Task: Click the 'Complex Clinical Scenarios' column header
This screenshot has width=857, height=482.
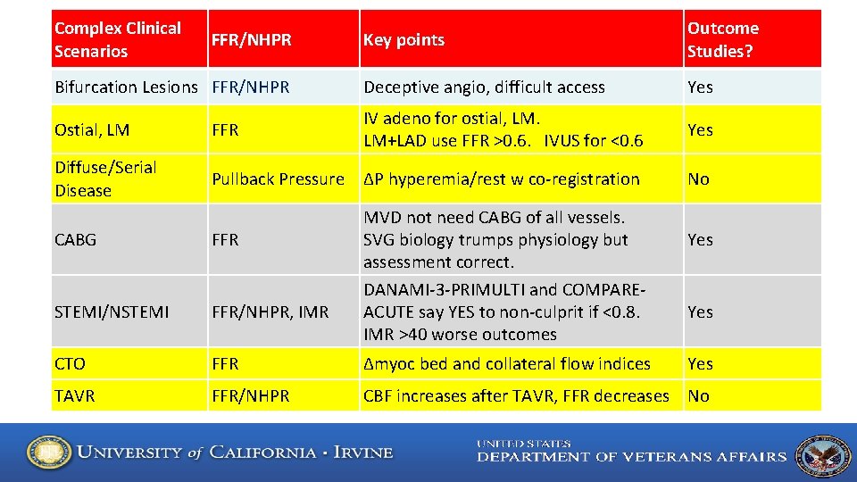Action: click(118, 39)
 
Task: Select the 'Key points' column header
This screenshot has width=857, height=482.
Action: click(404, 39)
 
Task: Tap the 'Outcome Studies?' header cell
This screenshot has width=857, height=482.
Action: click(723, 39)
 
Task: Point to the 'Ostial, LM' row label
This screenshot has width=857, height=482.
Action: click(92, 129)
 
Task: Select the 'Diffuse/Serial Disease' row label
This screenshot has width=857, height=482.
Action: click(105, 179)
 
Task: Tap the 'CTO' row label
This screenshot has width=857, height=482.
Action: click(71, 363)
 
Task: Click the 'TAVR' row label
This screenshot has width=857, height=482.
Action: click(75, 395)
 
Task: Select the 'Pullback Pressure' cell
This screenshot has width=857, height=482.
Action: click(278, 179)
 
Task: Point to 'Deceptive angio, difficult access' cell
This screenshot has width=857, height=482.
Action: click(484, 87)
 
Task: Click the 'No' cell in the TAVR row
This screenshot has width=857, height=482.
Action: click(698, 395)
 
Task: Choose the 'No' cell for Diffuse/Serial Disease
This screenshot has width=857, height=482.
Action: click(698, 179)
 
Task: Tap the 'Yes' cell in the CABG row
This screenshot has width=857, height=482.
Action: click(700, 239)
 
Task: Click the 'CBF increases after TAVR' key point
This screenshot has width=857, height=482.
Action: click(516, 395)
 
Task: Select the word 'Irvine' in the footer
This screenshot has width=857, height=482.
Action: click(363, 452)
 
